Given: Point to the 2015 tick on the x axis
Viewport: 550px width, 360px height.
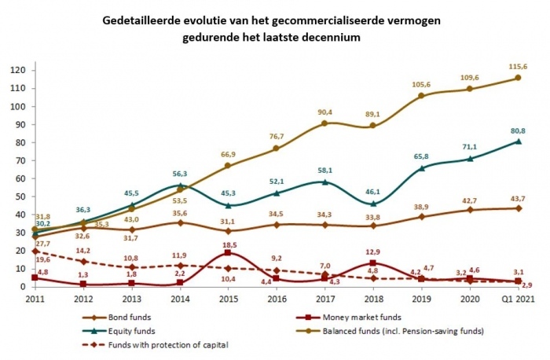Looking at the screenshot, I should click(228, 299).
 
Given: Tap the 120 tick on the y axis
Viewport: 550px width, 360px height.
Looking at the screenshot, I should click(18, 70).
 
